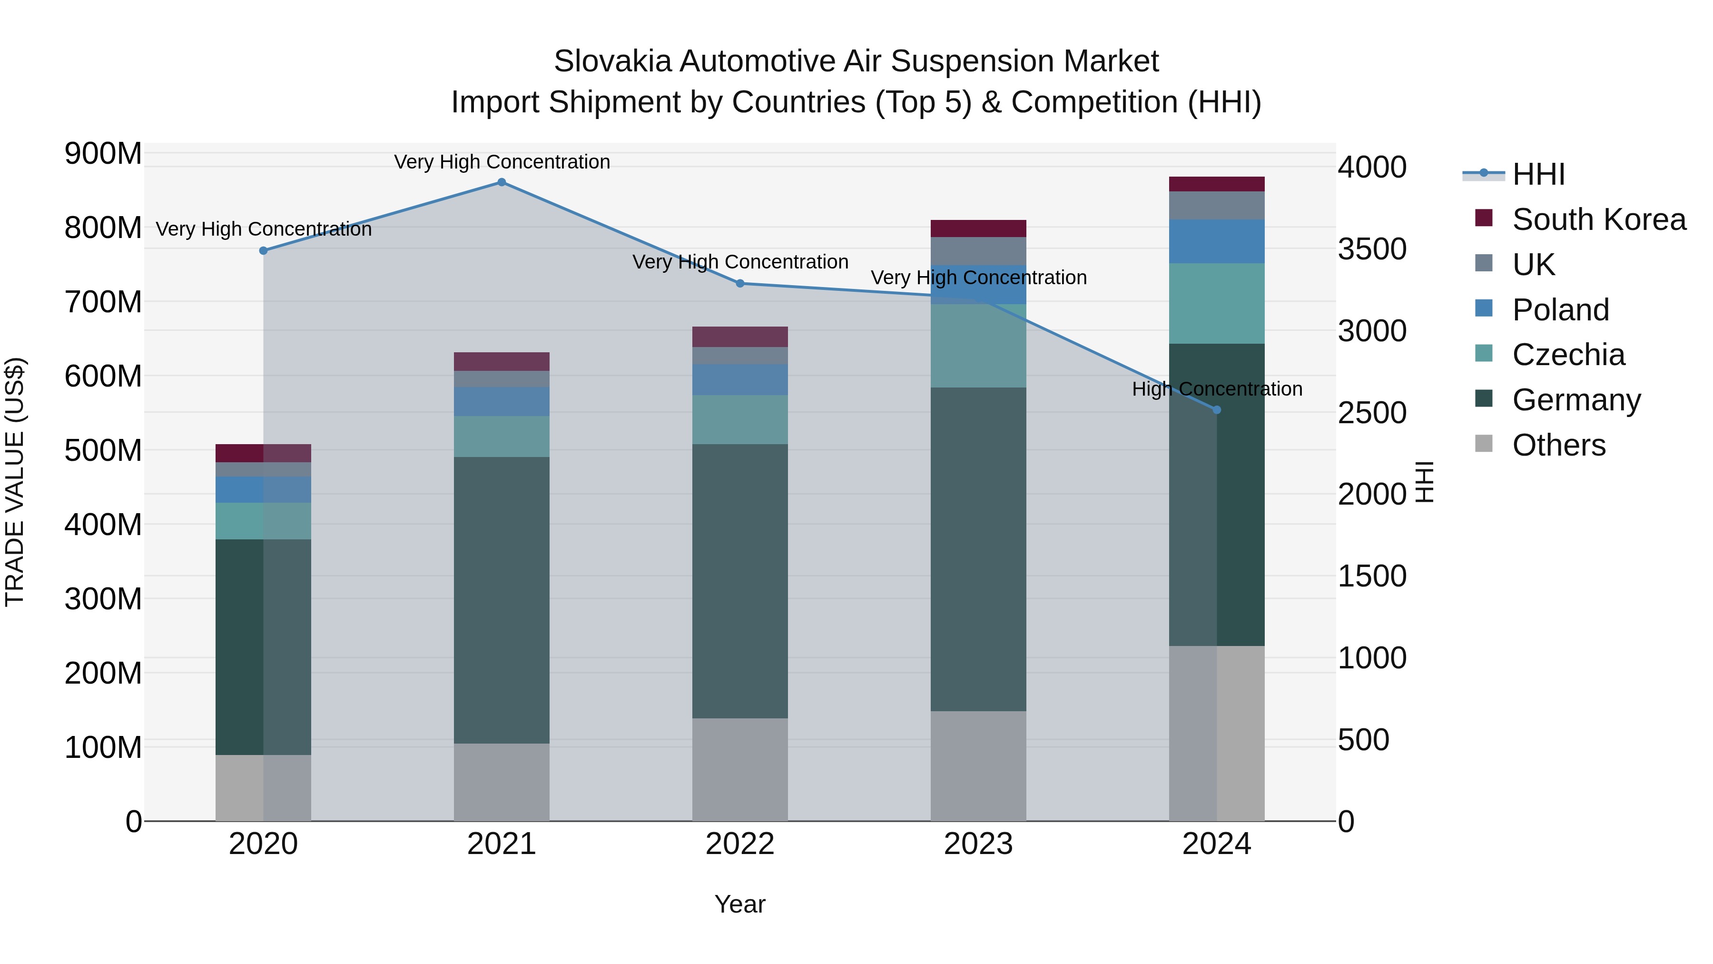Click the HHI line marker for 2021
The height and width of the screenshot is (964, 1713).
pos(502,182)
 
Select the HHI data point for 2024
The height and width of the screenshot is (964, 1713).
pos(1217,410)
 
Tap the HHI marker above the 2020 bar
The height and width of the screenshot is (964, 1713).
pos(263,251)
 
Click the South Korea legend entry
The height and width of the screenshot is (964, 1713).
pos(1599,219)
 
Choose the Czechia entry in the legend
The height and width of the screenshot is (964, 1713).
pos(1568,355)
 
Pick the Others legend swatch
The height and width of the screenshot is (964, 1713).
pos(1484,444)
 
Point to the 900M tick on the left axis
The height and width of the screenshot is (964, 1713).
pos(103,154)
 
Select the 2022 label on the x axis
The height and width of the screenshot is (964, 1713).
pos(739,844)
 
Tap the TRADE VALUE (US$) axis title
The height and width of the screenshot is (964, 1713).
pos(15,482)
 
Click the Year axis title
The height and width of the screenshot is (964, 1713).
pos(739,904)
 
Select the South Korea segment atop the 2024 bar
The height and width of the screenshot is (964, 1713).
pos(1216,184)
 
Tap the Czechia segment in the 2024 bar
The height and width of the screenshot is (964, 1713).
pos(1216,303)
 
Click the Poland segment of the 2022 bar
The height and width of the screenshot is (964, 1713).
pos(739,379)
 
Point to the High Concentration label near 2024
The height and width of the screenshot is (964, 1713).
pos(1216,389)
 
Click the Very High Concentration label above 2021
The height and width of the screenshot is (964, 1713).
pos(502,162)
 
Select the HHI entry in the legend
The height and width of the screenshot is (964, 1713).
pos(1538,174)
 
